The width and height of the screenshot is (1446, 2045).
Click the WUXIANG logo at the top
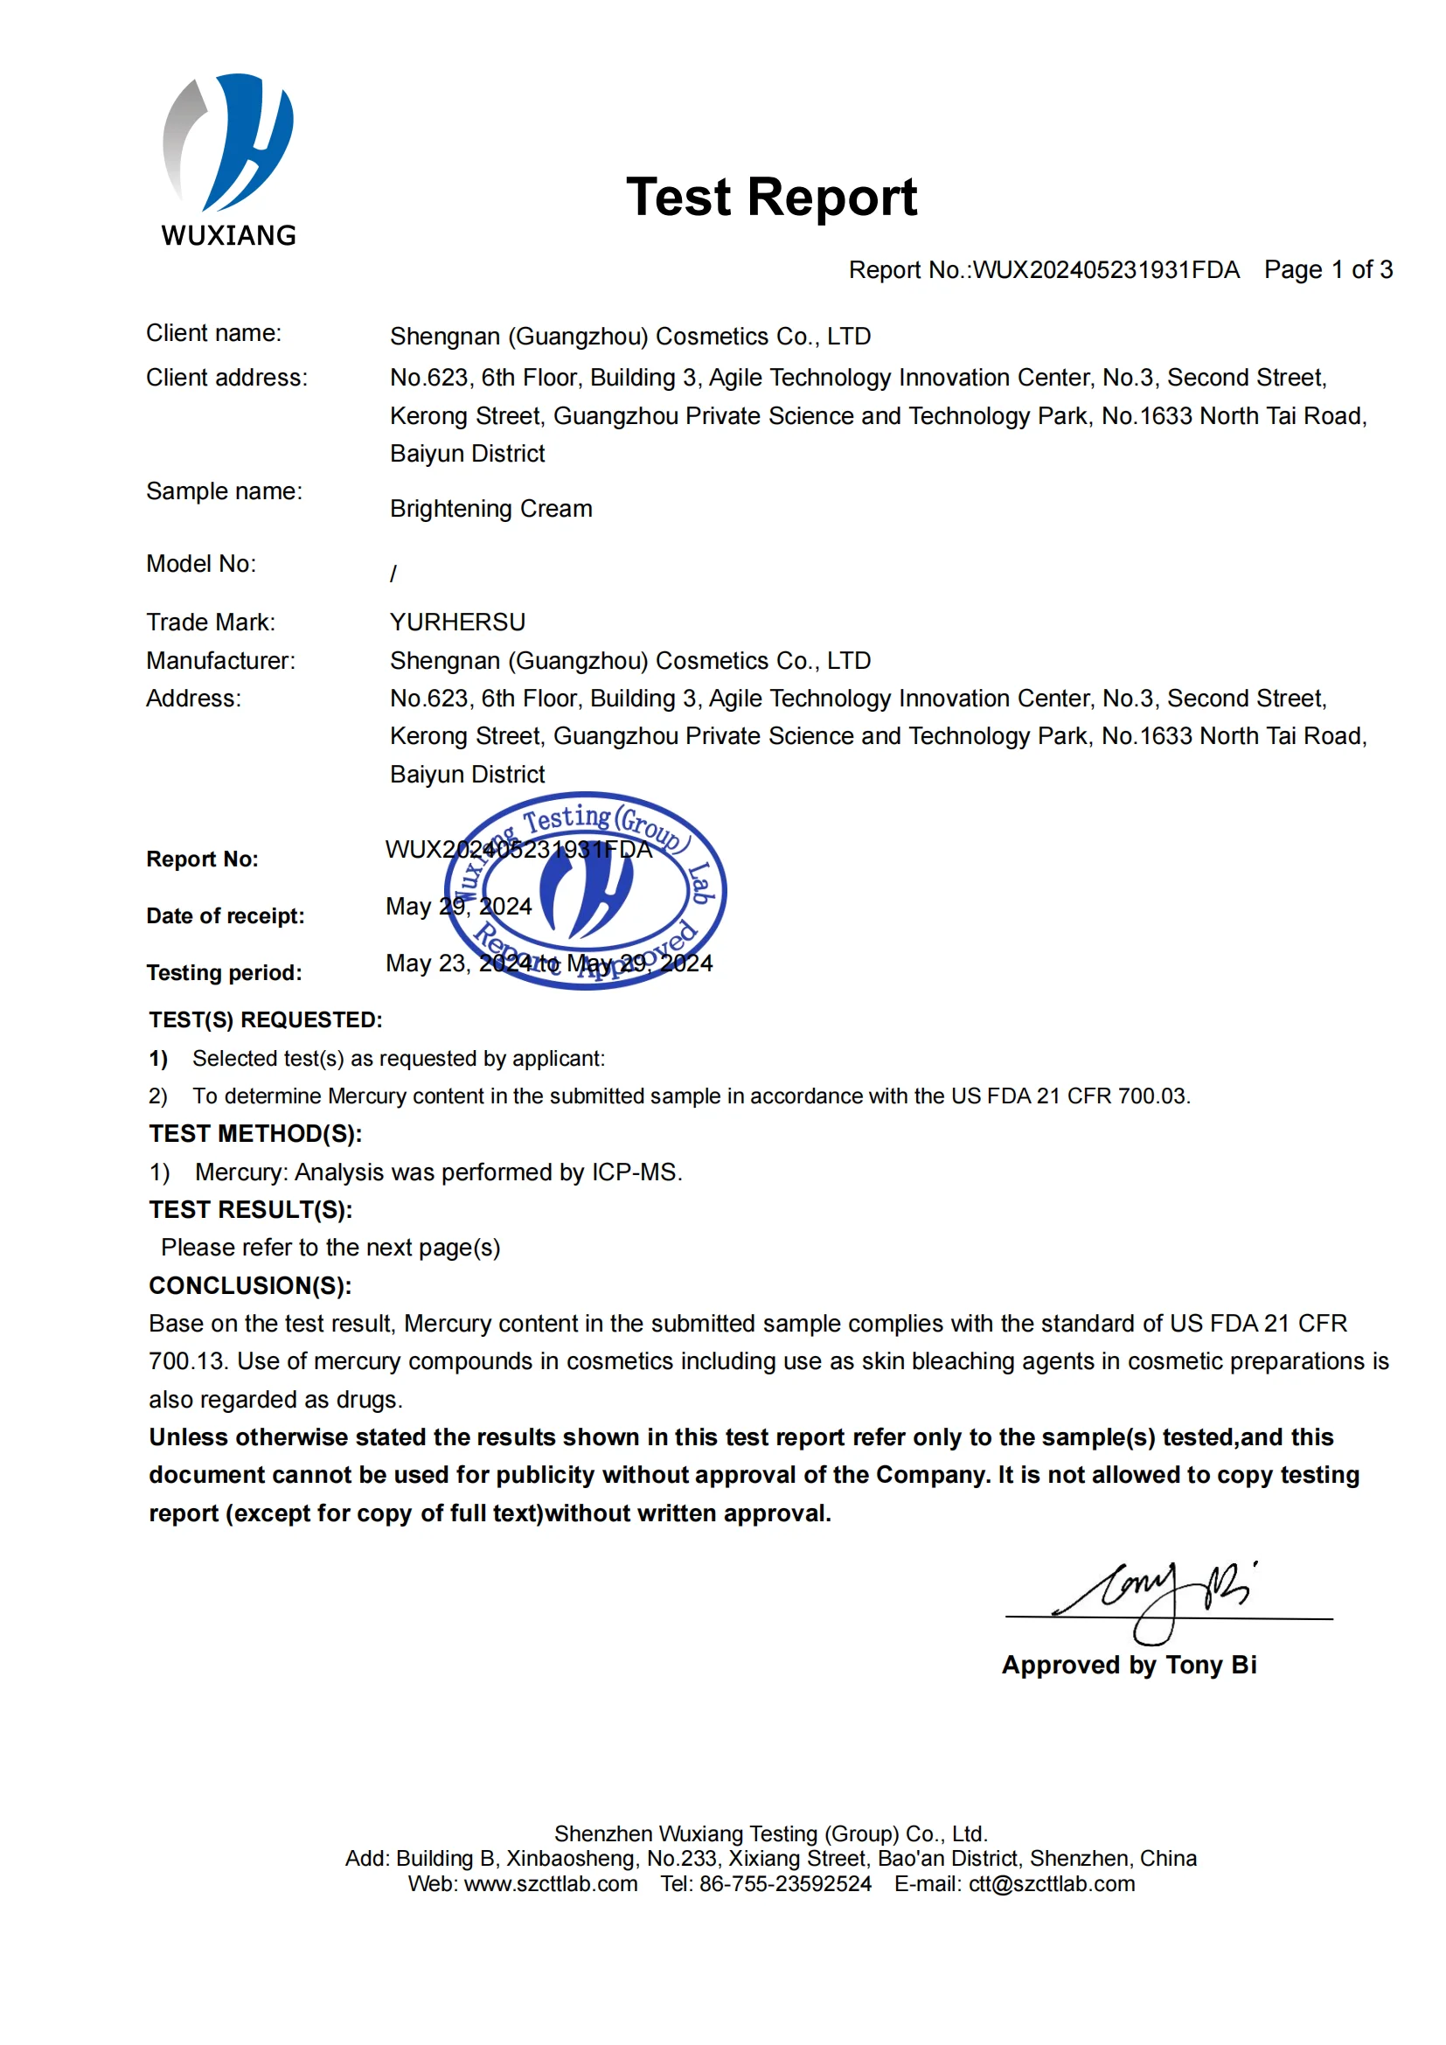[x=228, y=160]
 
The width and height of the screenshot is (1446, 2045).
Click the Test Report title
[x=771, y=197]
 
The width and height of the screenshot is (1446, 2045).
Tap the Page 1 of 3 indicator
[x=1328, y=270]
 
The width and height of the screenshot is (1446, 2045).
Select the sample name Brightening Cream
[x=490, y=509]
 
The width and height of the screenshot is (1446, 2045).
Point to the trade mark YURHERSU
[x=457, y=622]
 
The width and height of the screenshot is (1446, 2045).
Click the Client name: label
[x=213, y=333]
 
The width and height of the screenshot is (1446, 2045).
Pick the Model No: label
[x=201, y=564]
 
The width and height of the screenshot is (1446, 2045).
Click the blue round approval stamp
[x=585, y=891]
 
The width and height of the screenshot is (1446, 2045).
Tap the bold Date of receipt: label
[x=226, y=915]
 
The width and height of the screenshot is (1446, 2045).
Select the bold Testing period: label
[x=225, y=972]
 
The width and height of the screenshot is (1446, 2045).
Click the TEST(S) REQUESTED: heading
[x=266, y=1019]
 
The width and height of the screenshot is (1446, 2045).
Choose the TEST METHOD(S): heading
[x=255, y=1134]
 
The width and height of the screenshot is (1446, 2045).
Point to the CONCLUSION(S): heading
[x=250, y=1285]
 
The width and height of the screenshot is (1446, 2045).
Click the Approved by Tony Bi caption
[x=1129, y=1665]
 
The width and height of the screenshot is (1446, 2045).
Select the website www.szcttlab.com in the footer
[x=550, y=1884]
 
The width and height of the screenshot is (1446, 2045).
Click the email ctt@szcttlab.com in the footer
[x=1052, y=1884]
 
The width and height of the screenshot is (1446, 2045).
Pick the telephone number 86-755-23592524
[x=785, y=1884]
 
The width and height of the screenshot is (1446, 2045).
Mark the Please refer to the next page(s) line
[x=330, y=1248]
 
